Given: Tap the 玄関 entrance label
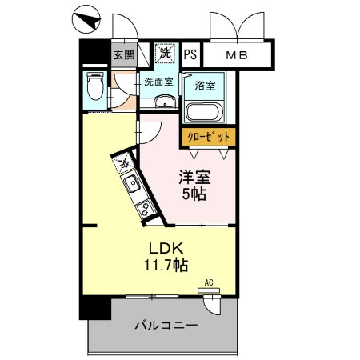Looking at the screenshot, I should point(123,54).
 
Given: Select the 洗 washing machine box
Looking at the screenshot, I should point(164,54).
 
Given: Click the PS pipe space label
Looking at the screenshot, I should point(190,54).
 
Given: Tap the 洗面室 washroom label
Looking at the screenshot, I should point(157,82).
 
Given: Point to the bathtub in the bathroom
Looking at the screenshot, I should point(205,111).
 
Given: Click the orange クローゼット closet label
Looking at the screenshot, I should point(208,138).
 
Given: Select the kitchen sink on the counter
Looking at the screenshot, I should point(133,186).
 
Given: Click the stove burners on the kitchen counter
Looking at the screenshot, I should point(146,210).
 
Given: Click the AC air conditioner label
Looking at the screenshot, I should point(209,282).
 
